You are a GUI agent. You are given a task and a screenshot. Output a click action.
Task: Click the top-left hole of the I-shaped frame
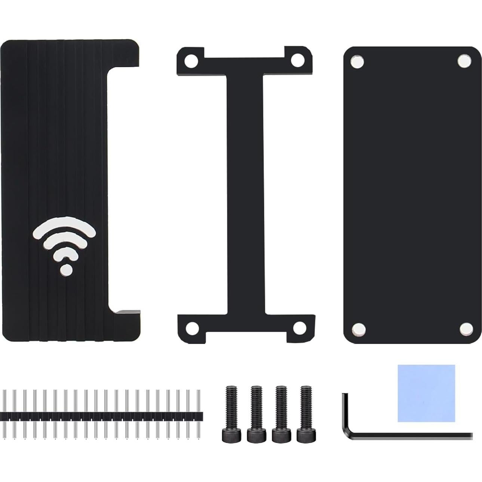coord(191,60)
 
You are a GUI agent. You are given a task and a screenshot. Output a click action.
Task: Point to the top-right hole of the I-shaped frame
coord(298,59)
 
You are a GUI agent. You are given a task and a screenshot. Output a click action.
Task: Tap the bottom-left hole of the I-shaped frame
coord(193,328)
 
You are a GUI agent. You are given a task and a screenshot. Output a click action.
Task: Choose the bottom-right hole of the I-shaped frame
coord(299,328)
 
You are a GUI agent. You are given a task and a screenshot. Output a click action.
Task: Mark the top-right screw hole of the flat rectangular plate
coord(464,61)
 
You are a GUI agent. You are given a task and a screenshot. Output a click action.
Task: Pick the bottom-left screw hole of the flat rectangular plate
coord(359,329)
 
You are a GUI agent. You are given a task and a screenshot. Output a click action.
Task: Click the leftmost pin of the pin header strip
coord(4,415)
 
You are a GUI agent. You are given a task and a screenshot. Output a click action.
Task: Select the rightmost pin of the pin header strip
coord(198,415)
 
